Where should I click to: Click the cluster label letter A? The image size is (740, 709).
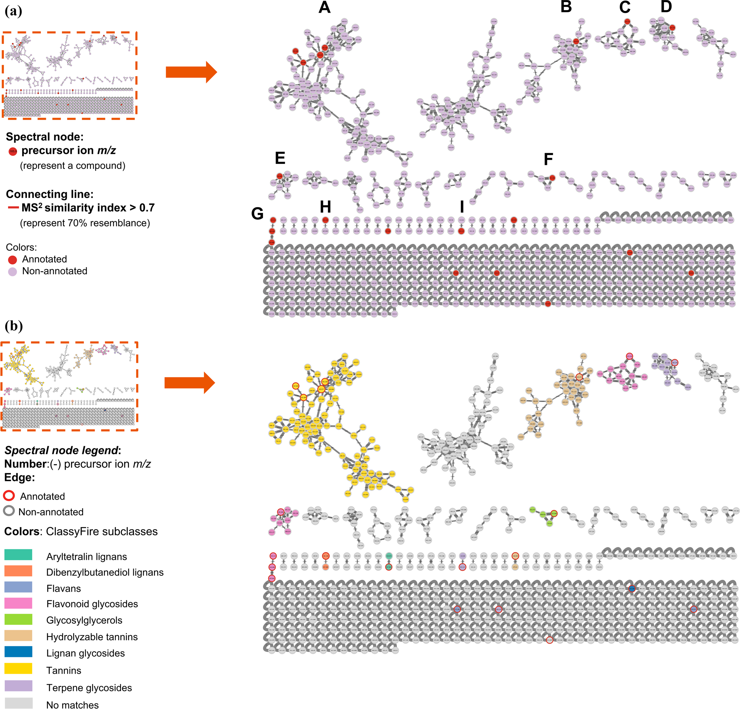click(324, 8)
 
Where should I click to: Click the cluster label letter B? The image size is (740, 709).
click(566, 7)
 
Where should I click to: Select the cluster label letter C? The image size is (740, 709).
click(625, 8)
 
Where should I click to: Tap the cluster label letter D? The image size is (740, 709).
click(666, 7)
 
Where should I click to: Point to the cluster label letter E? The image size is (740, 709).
click(280, 158)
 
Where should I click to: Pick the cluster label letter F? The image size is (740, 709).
click(548, 159)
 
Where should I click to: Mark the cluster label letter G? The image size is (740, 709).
click(257, 214)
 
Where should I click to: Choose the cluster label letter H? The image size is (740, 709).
click(325, 207)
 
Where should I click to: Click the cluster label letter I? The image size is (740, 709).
click(462, 207)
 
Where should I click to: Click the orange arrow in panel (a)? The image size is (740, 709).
click(191, 72)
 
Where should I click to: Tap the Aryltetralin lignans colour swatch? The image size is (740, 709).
click(18, 555)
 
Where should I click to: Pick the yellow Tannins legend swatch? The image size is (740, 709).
click(18, 669)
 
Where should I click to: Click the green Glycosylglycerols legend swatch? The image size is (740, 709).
click(18, 619)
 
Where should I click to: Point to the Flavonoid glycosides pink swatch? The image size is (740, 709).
click(18, 603)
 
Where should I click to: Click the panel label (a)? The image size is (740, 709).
click(13, 11)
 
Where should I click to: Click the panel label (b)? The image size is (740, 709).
click(13, 326)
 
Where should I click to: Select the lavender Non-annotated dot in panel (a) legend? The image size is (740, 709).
click(12, 272)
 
